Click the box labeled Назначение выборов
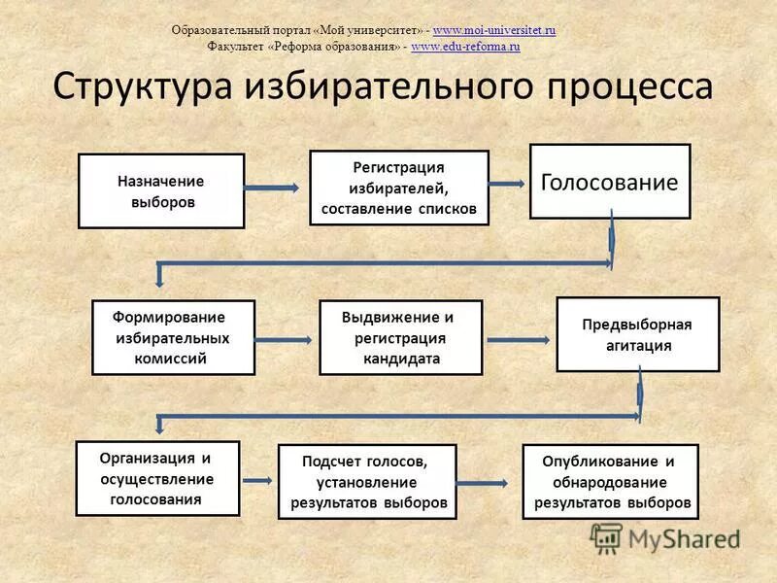[x=161, y=190]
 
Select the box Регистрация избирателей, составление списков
[x=399, y=188]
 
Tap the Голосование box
[x=609, y=182]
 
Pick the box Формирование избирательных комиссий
[x=173, y=337]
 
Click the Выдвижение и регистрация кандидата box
[x=400, y=337]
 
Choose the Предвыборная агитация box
[x=637, y=334]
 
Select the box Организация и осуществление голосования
[x=157, y=478]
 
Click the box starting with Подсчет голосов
[x=367, y=481]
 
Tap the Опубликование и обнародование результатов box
[x=610, y=481]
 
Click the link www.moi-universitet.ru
[x=494, y=31]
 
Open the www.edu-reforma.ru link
[x=466, y=46]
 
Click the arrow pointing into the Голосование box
[x=509, y=182]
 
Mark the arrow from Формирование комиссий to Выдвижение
[x=287, y=339]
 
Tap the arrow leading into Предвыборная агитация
[x=520, y=339]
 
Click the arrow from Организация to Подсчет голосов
[x=258, y=480]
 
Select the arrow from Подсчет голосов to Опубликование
[x=486, y=482]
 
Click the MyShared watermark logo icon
[x=607, y=537]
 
